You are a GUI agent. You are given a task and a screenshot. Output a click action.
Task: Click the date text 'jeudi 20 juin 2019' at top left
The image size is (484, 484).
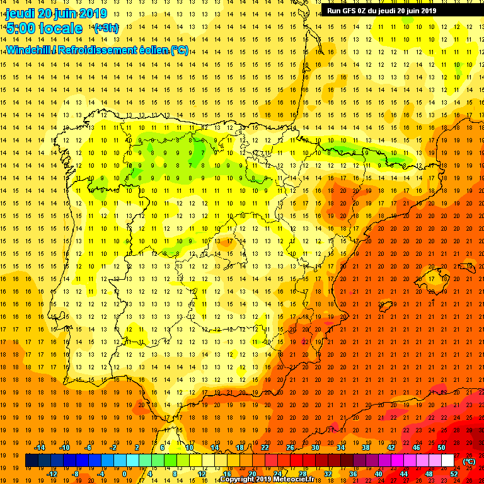55,13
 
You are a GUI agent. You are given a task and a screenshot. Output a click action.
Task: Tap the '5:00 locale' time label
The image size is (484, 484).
44,28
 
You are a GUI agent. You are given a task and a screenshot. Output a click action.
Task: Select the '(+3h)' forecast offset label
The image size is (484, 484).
106,28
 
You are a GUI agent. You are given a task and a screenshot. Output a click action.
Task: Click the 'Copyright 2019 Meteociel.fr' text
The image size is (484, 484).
271,480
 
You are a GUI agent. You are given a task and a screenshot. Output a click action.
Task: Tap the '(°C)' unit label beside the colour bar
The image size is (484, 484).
468,461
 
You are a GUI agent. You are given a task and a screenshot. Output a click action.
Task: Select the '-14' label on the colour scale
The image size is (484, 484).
39,447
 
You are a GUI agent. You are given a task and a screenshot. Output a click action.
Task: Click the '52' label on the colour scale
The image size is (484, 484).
454,474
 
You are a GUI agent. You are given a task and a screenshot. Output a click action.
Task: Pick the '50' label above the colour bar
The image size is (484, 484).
441,447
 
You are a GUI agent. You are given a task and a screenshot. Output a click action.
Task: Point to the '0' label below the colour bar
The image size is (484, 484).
124,474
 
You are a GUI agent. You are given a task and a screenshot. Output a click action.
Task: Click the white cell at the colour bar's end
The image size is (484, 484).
447,461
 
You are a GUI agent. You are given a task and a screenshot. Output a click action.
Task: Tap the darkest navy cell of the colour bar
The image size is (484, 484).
32,461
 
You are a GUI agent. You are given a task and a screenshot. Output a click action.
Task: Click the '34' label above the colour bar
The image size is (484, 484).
340,447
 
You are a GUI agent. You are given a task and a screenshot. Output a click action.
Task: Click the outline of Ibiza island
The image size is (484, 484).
384,308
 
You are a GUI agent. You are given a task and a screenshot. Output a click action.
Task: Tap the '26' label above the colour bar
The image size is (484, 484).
290,447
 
